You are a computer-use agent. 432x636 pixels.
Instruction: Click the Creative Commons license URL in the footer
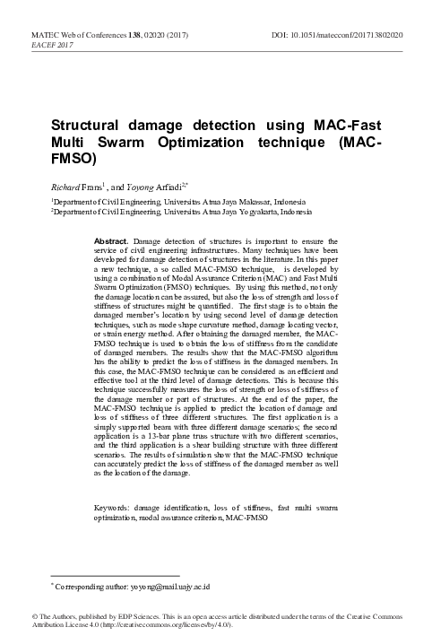click(176, 625)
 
